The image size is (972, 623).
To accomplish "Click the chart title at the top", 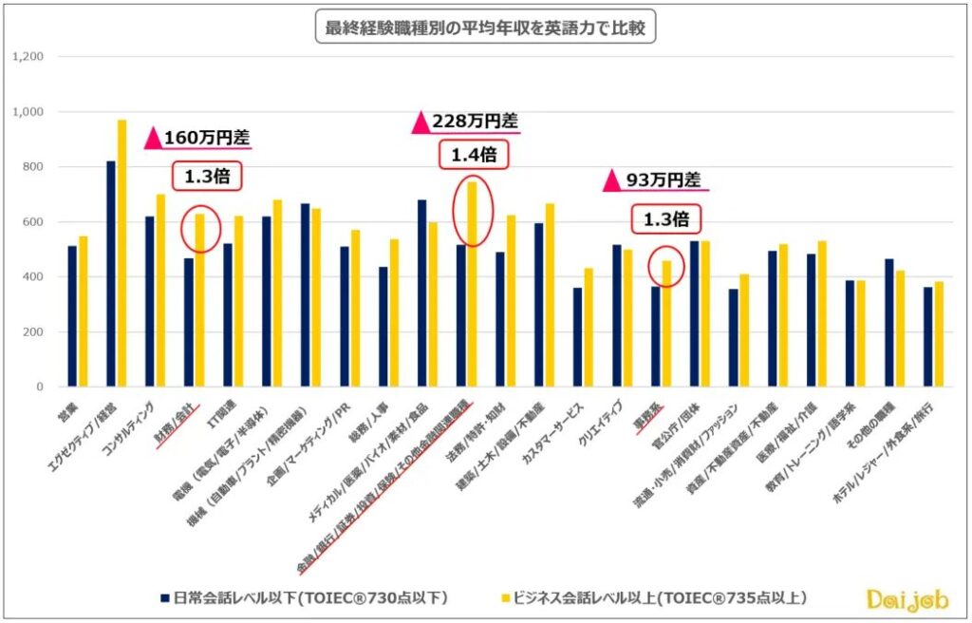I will pyautogui.click(x=485, y=28).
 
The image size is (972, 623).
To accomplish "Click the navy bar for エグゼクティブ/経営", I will pyautogui.click(x=111, y=274).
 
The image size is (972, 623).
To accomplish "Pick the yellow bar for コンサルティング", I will pyautogui.click(x=160, y=291).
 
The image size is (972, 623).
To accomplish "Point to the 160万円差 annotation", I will pyautogui.click(x=198, y=137).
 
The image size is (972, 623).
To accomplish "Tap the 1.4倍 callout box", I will pyautogui.click(x=472, y=153).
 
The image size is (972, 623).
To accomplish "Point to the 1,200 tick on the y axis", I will pyautogui.click(x=29, y=57).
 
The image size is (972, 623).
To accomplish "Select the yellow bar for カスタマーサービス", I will pyautogui.click(x=589, y=328).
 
